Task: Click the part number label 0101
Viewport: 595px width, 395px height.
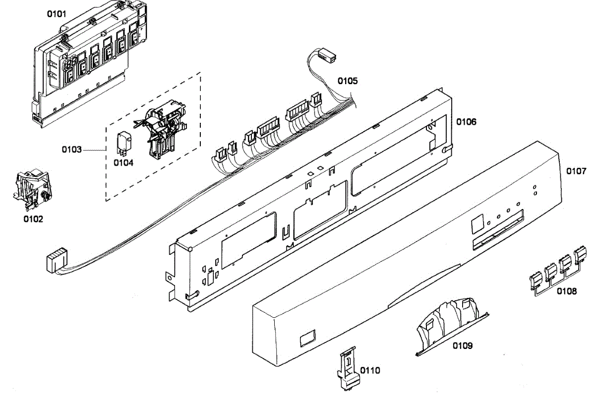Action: pos(56,14)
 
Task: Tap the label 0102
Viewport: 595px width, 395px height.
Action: pos(33,218)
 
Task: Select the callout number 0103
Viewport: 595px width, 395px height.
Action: pos(72,149)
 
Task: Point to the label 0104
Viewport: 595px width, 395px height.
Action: pos(123,162)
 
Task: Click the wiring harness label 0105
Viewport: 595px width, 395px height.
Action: pos(348,80)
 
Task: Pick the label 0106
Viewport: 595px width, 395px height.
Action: pos(466,121)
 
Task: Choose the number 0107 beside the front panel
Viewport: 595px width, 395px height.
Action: pos(576,171)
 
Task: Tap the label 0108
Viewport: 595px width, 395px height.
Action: pos(566,291)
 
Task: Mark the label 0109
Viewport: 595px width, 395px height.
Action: pos(462,346)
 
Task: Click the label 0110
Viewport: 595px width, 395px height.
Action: pos(370,370)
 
